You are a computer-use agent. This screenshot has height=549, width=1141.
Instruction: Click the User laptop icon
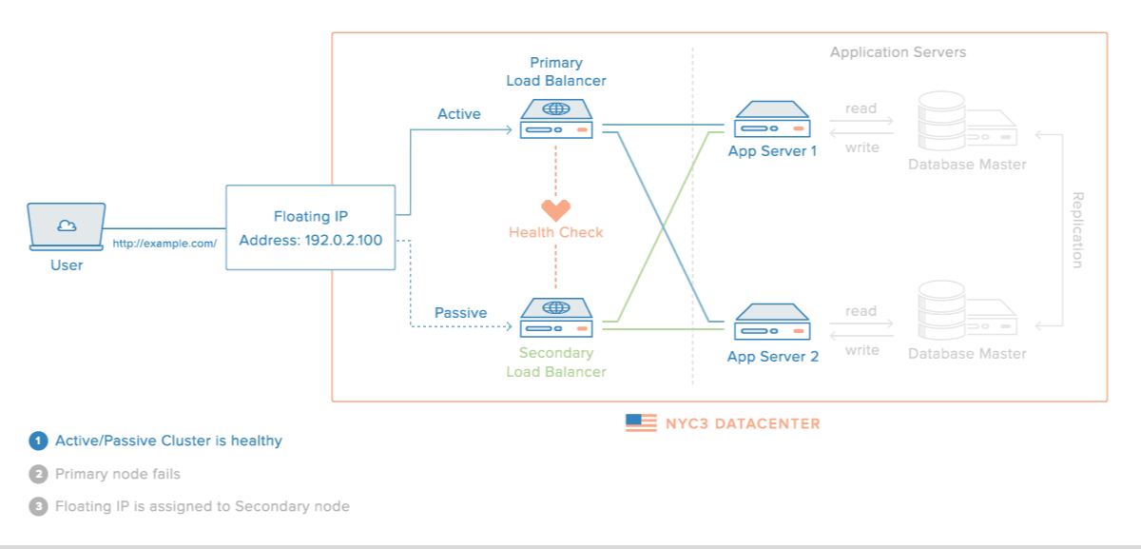(67, 226)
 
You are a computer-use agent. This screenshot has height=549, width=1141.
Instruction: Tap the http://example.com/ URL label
(164, 243)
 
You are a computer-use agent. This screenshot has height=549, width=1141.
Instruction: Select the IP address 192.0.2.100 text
(343, 241)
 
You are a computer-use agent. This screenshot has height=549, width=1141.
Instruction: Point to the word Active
(459, 114)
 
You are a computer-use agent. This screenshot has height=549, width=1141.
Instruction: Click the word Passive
(460, 313)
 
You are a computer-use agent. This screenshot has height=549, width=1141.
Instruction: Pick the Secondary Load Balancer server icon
(556, 318)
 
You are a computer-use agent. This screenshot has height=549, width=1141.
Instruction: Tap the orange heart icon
(556, 210)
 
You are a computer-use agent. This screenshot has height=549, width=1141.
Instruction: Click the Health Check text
(556, 232)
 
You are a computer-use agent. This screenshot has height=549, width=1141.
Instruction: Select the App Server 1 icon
(772, 120)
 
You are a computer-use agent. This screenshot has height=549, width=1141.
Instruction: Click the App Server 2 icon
(772, 323)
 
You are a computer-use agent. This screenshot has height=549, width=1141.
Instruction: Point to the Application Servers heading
(898, 52)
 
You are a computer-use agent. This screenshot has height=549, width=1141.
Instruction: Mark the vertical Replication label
(1077, 230)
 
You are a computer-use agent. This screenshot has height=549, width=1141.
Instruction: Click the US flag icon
(641, 423)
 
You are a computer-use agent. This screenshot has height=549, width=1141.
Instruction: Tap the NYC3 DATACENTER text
(743, 423)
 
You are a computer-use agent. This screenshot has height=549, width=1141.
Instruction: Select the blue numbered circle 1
(38, 441)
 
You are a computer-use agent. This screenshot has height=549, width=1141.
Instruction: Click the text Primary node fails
(118, 474)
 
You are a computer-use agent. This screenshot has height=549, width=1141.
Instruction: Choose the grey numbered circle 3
(38, 506)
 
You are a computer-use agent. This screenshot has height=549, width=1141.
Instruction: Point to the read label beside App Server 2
(861, 311)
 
